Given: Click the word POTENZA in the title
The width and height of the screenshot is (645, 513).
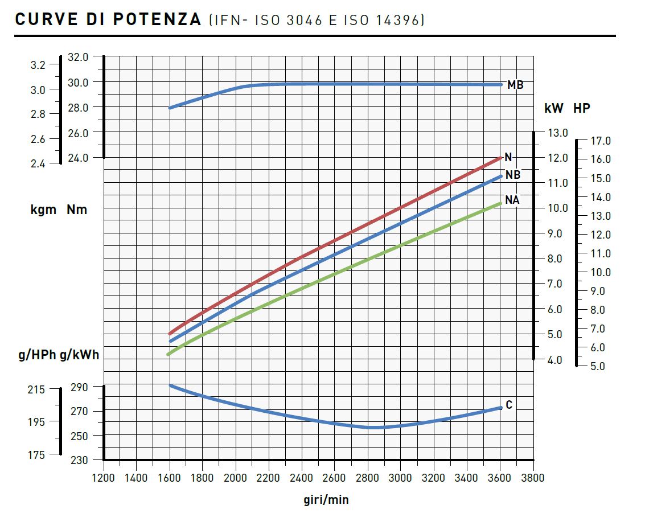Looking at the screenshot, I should point(157,19).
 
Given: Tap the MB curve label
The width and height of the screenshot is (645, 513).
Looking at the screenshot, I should point(515,85).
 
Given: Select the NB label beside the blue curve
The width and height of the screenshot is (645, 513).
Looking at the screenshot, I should point(513,175).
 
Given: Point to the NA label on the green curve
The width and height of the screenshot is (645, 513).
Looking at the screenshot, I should point(512,200).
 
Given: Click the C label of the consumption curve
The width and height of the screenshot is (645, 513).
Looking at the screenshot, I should point(509,405).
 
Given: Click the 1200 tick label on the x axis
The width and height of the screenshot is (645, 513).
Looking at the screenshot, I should point(103,478).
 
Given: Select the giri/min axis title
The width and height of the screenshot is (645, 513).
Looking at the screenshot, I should point(326,500).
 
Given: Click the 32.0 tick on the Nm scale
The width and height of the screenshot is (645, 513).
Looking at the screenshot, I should point(78,57).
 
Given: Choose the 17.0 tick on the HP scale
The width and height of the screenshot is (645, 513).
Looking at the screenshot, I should point(601,141).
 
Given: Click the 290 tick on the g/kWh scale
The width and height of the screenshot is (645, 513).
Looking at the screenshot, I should point(79,387).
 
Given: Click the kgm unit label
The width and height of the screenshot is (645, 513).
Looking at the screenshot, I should point(43,210).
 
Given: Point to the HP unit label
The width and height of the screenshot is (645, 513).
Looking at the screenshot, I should point(582,108).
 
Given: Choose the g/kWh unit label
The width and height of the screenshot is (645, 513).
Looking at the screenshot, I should point(79,355).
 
